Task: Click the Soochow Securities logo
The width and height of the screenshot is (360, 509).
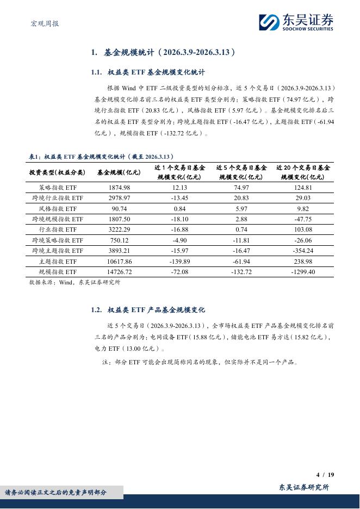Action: point(296,22)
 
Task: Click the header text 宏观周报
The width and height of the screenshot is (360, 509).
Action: point(43,23)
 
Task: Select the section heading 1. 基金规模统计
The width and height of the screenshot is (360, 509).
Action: point(163,52)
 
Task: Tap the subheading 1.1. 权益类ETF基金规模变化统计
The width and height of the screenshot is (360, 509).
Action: point(148,72)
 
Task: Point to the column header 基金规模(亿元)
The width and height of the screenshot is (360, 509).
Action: point(119,172)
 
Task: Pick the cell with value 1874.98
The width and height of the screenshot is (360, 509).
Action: point(119,188)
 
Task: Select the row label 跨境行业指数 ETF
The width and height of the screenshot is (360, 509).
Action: point(58,198)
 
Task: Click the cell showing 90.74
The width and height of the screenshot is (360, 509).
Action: point(119,208)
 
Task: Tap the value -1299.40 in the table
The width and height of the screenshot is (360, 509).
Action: point(303,271)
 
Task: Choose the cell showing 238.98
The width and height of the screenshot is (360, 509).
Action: point(303,261)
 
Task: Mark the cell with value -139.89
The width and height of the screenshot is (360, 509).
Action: point(179,261)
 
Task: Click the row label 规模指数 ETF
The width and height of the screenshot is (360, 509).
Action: point(58,271)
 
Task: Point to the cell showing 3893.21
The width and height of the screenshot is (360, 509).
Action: point(119,251)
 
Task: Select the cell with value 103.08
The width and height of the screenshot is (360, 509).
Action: point(303,229)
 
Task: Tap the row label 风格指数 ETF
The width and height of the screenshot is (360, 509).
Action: point(58,208)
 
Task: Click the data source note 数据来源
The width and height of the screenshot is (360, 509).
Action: point(75,282)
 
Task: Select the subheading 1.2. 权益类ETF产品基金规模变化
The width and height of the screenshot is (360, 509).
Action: point(148,309)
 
